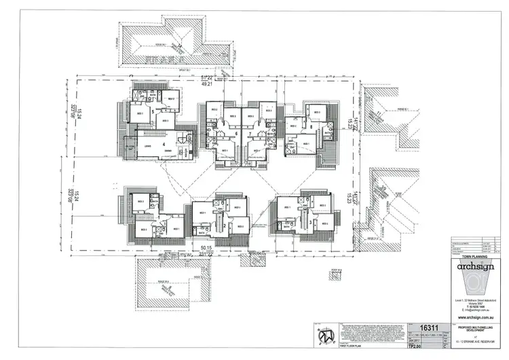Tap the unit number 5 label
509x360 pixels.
coord(153,111)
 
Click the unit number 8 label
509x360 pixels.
coord(311,126)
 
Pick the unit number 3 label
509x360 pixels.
coord(310,221)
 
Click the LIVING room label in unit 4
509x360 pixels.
coord(146,146)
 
